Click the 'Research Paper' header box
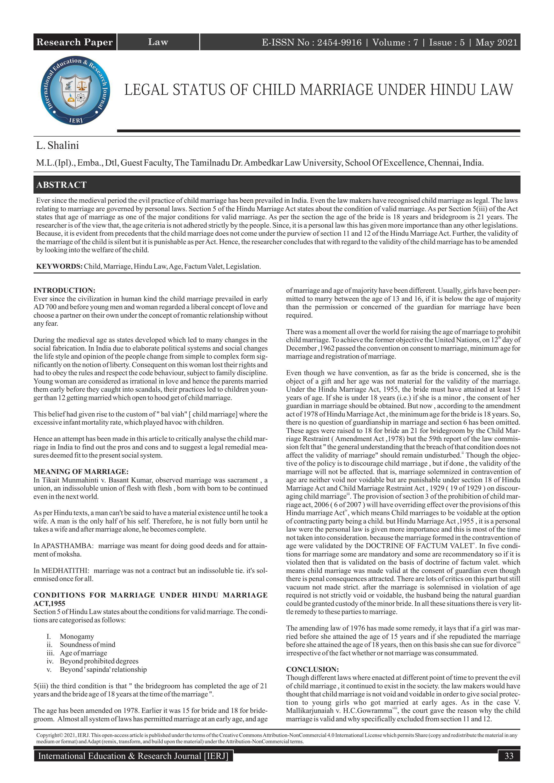tap(74, 42)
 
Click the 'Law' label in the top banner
tap(158, 42)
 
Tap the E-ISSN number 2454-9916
tap(339, 42)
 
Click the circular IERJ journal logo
tap(75, 90)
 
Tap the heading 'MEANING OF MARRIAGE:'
tap(81, 472)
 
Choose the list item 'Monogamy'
tap(77, 636)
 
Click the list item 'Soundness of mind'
tap(87, 645)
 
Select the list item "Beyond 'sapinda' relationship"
tap(103, 669)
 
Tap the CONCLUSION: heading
tap(312, 669)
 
